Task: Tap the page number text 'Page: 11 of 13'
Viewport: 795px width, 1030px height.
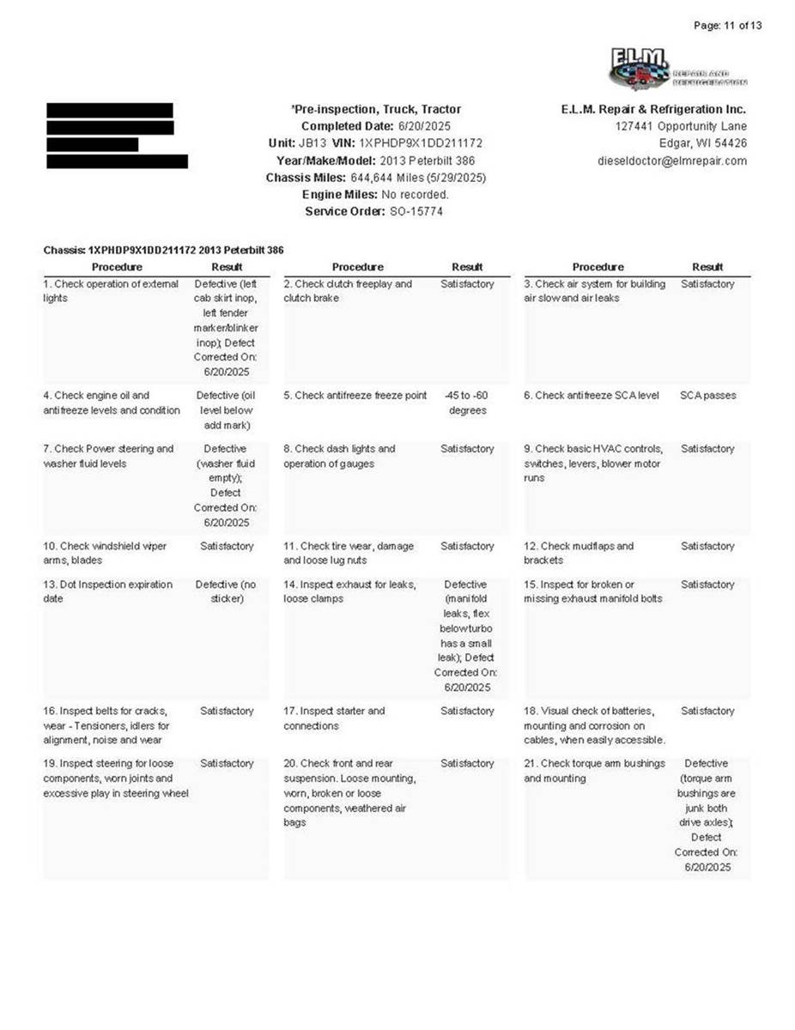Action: point(726,25)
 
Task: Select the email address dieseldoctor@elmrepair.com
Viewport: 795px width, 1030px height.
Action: point(672,161)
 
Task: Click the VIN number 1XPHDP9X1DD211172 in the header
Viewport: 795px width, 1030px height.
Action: point(421,143)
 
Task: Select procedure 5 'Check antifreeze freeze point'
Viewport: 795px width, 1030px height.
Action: point(355,396)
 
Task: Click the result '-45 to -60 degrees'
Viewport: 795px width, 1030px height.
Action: point(467,403)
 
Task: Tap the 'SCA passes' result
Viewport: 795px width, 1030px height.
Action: point(707,396)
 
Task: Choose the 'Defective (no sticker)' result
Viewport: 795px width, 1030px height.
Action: point(227,591)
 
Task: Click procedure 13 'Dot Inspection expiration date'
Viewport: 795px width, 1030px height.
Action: point(108,591)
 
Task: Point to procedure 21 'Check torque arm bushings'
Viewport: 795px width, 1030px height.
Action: point(594,771)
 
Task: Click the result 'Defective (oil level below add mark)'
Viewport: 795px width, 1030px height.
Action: point(227,410)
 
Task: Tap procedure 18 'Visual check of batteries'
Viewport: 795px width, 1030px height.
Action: point(594,725)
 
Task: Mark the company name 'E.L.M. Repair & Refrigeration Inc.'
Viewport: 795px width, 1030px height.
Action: point(653,109)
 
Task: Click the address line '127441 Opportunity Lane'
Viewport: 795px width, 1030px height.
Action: point(681,126)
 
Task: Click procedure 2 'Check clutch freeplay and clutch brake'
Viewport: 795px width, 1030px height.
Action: point(348,291)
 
